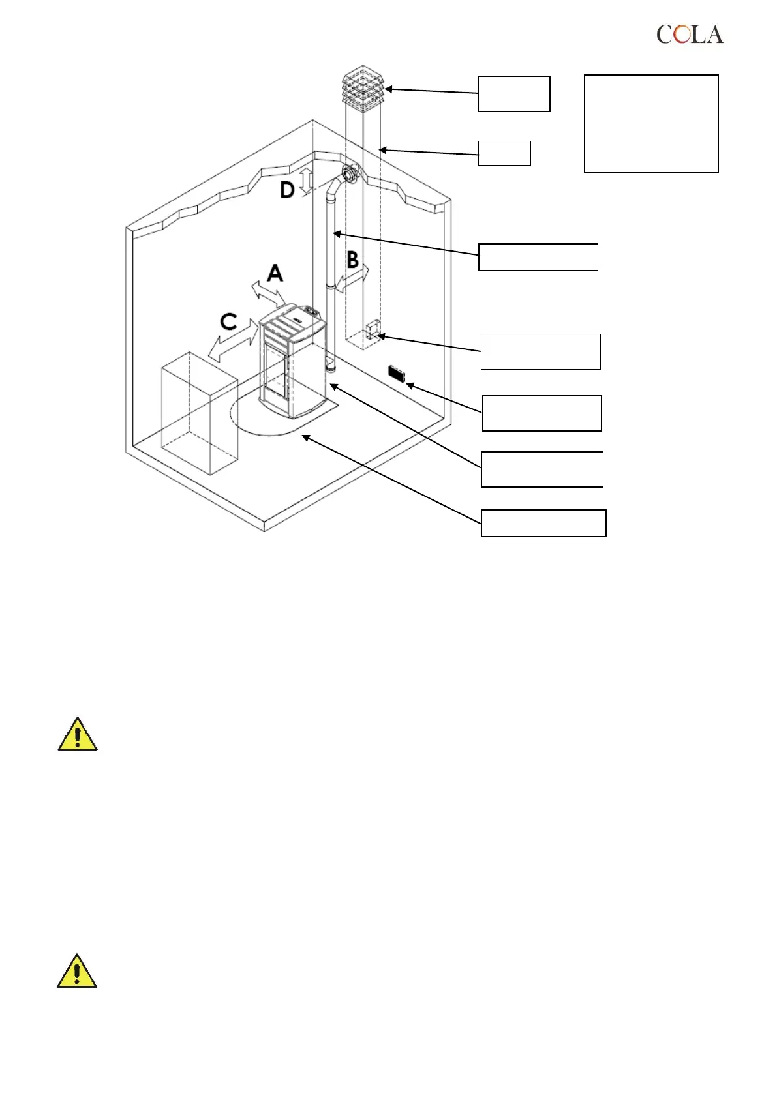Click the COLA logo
[x=690, y=35]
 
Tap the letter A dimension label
[x=275, y=273]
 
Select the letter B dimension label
[x=352, y=260]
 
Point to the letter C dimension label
[x=228, y=321]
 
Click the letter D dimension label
[x=287, y=190]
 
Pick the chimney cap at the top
[x=363, y=87]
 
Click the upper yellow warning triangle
[x=78, y=735]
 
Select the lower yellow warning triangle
[x=77, y=971]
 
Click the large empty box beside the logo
[x=651, y=123]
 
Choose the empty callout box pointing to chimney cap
[x=513, y=95]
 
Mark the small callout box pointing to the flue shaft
[x=504, y=153]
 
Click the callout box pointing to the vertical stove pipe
[x=538, y=257]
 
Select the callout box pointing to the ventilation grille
[x=541, y=413]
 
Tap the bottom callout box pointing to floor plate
[x=543, y=523]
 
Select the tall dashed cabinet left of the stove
[x=199, y=412]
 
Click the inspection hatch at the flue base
[x=373, y=331]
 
